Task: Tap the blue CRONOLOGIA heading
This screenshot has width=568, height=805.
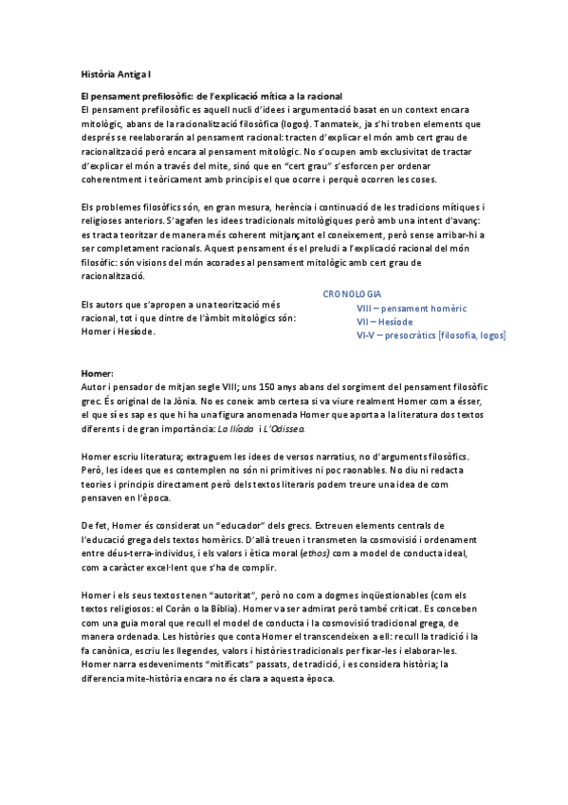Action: [x=352, y=294]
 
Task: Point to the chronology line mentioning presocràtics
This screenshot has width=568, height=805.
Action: [x=431, y=335]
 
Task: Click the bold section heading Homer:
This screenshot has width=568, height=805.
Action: [x=98, y=374]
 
